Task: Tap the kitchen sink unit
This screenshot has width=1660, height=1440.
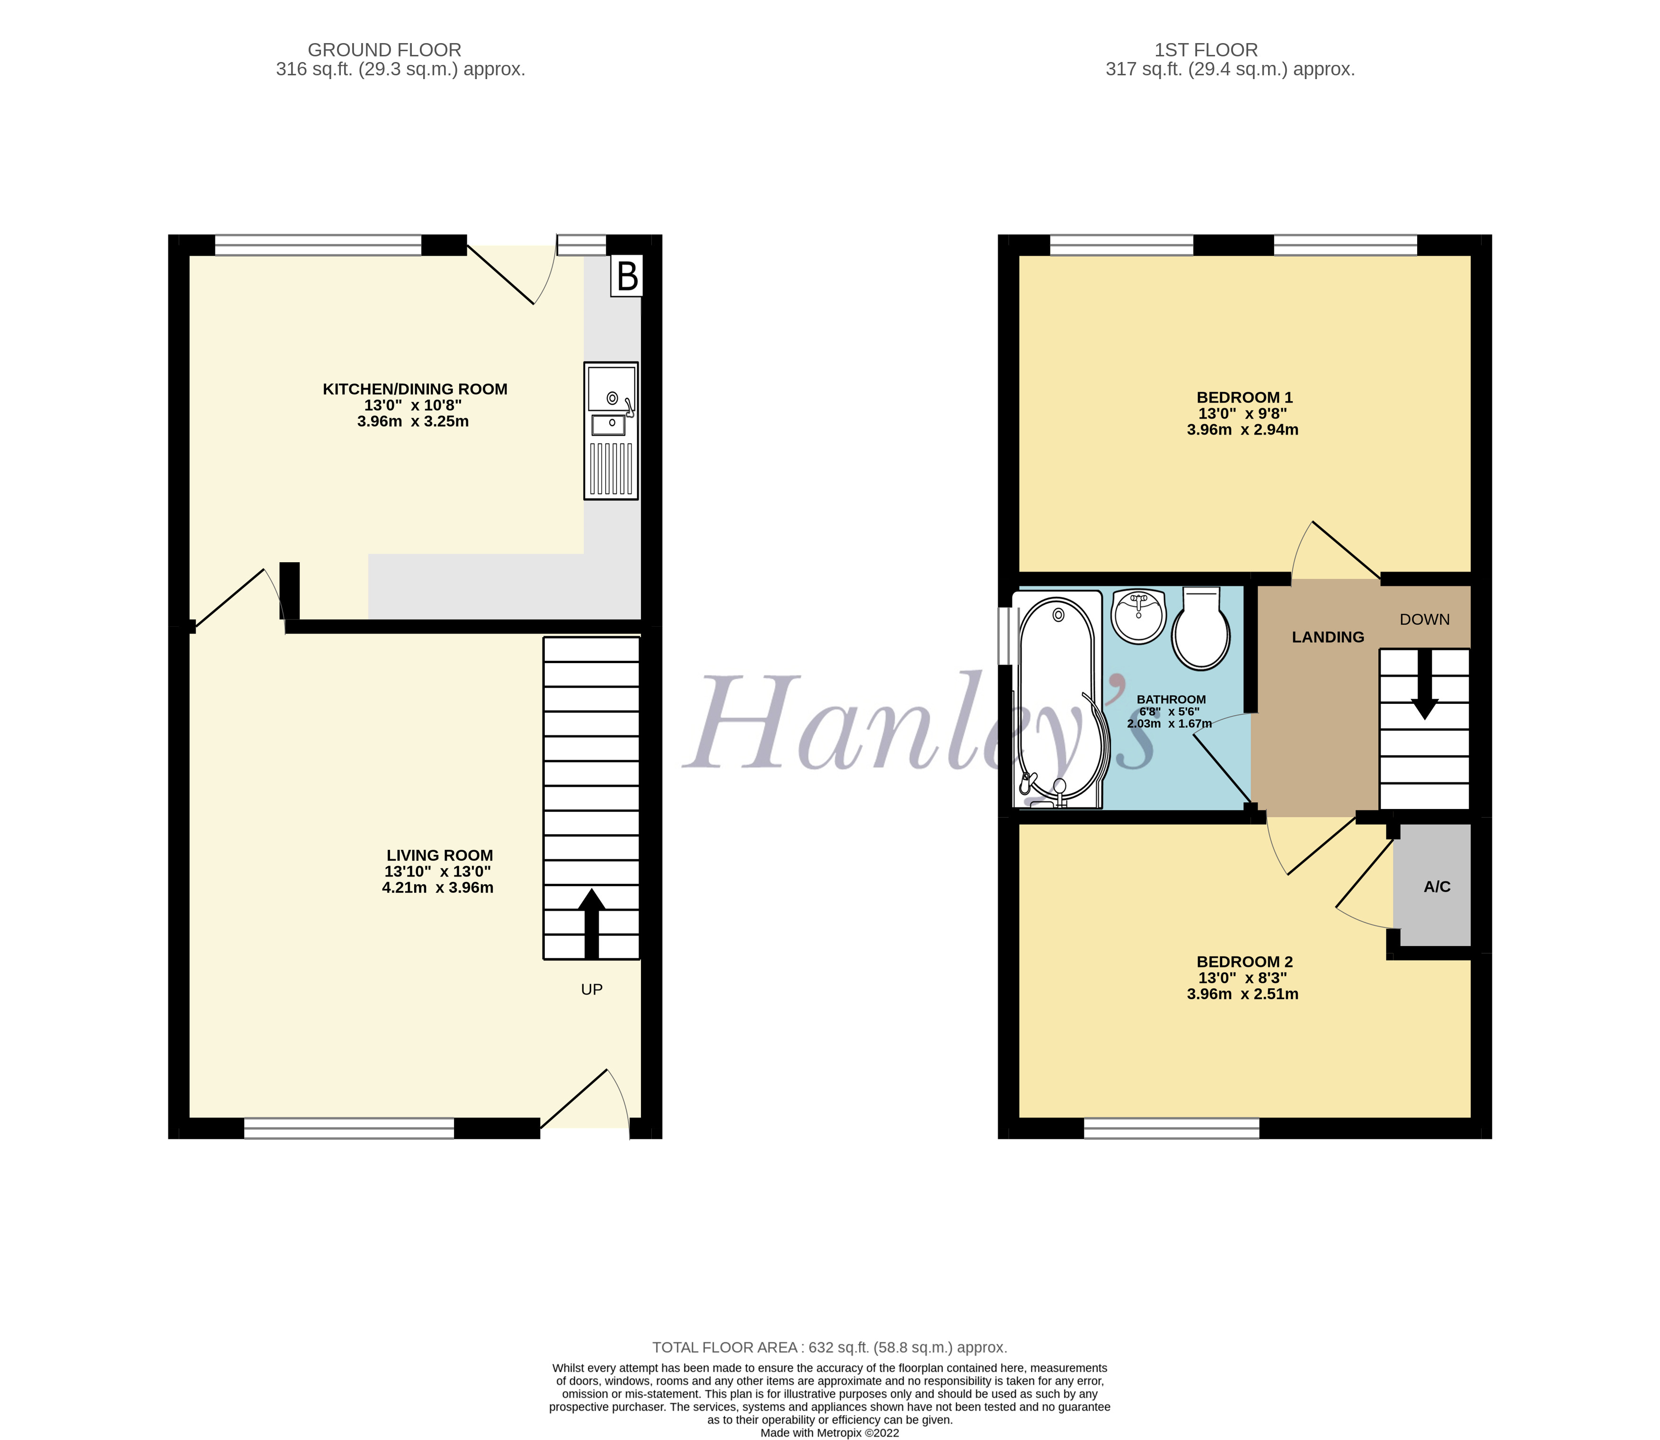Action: (611, 431)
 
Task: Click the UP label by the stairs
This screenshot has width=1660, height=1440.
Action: (592, 989)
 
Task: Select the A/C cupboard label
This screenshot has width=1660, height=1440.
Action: (1437, 886)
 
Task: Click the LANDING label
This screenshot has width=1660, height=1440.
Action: (1328, 637)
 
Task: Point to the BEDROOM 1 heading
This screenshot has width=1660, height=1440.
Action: (1244, 397)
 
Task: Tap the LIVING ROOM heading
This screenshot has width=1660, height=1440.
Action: (439, 855)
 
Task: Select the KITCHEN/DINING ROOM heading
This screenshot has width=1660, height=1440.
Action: (414, 389)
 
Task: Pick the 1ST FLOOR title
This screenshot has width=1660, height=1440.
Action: (1206, 50)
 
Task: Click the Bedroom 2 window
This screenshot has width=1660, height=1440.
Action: (1171, 1128)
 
